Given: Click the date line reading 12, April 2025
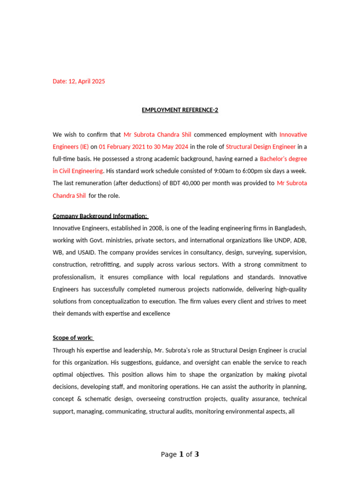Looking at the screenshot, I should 79,81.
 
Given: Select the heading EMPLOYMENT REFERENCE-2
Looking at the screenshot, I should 180,110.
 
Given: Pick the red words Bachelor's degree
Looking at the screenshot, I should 283,159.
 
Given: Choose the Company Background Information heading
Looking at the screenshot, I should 100,216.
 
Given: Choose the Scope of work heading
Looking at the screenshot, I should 73,338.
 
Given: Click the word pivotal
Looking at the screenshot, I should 296,375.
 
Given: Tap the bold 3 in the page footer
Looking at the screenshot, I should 197,454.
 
